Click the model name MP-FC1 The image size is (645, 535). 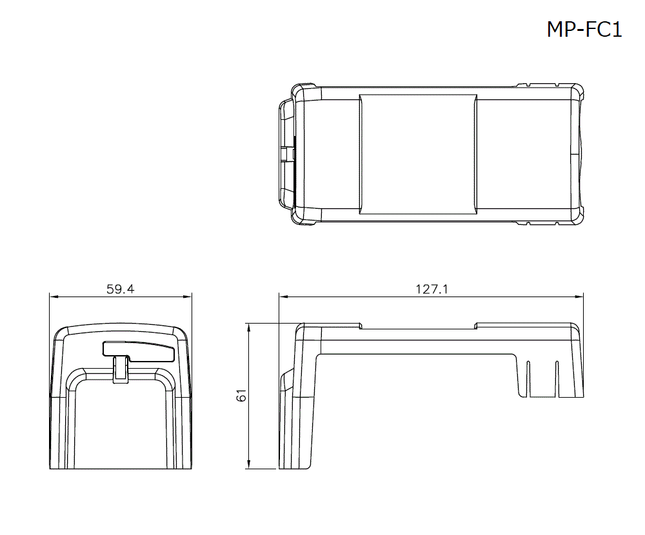(x=584, y=30)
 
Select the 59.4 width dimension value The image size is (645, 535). (x=121, y=289)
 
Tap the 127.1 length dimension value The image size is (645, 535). (x=431, y=289)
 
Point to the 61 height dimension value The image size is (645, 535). (x=242, y=396)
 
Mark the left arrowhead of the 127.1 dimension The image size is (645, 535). (x=283, y=297)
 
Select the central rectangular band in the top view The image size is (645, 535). (x=418, y=154)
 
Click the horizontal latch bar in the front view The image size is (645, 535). (x=139, y=350)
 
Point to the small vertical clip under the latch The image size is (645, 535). (x=119, y=370)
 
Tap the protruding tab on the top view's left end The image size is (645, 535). (x=285, y=154)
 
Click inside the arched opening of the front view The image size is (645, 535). (x=121, y=425)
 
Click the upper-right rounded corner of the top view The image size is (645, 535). (x=579, y=92)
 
